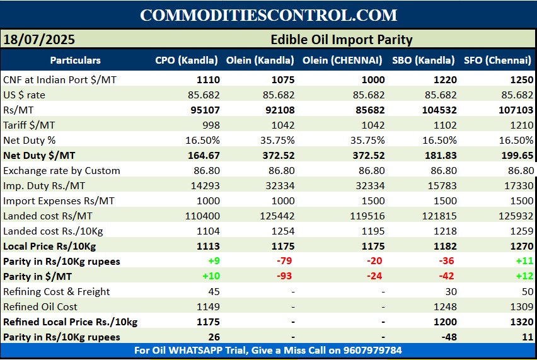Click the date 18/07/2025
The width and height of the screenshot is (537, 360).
click(39, 40)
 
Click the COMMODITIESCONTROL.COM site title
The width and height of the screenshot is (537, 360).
click(268, 15)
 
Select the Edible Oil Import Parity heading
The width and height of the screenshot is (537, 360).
click(341, 40)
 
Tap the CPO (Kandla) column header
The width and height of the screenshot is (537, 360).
click(187, 61)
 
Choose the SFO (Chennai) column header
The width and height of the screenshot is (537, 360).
click(497, 61)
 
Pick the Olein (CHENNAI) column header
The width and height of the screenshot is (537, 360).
click(342, 61)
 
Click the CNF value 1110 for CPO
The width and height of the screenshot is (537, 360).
click(208, 80)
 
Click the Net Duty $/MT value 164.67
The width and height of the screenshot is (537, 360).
click(203, 156)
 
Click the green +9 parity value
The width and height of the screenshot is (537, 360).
click(212, 261)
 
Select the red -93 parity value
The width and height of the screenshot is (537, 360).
click(287, 276)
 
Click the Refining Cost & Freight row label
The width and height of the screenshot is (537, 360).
click(56, 291)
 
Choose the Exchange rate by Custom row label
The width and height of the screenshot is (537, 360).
click(61, 171)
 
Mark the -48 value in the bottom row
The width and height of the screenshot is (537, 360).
click(447, 337)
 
